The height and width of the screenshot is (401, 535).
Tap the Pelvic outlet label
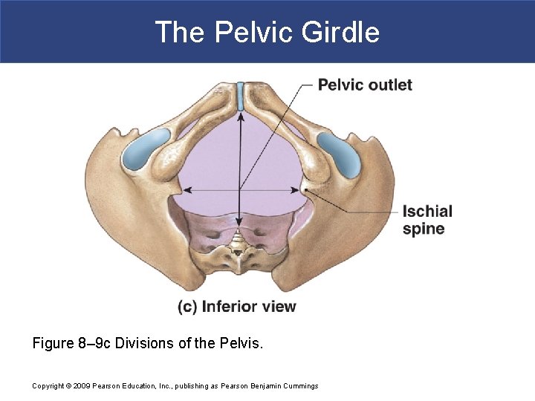(x=365, y=85)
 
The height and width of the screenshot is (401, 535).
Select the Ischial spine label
(x=427, y=220)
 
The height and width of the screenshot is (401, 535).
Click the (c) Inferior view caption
(x=236, y=306)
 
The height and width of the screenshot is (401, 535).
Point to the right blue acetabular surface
(x=339, y=153)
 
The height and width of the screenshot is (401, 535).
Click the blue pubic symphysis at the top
(x=240, y=96)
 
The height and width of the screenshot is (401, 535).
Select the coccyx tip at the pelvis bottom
(x=239, y=251)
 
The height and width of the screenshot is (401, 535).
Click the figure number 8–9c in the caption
(x=100, y=344)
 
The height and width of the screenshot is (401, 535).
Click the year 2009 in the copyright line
(x=80, y=385)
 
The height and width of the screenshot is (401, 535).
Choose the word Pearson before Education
(x=106, y=385)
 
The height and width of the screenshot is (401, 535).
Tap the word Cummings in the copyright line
(x=299, y=385)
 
